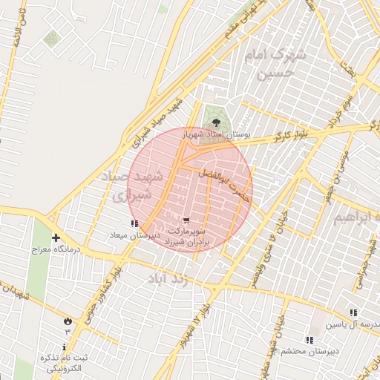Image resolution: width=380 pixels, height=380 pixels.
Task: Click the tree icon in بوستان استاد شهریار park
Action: (216, 122)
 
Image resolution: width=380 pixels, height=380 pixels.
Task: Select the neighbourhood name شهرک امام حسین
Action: (278, 64)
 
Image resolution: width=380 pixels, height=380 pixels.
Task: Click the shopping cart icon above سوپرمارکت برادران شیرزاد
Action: (186, 220)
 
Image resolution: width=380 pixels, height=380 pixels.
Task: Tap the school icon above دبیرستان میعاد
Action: (134, 223)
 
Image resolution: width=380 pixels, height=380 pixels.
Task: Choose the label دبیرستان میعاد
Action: (134, 235)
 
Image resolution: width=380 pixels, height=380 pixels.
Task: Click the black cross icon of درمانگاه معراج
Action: (56, 238)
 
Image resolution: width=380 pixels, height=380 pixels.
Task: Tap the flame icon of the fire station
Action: (68, 321)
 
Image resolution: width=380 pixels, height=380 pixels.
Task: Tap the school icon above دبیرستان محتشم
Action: (309, 340)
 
